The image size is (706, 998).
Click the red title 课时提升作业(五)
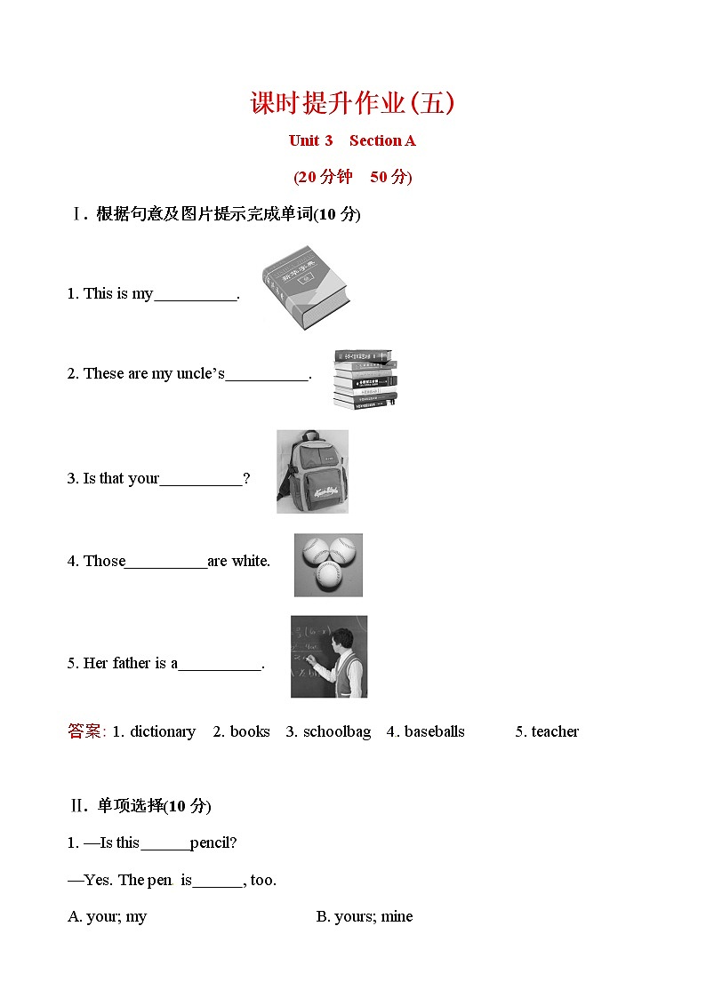(x=353, y=103)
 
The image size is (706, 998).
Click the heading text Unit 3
(x=310, y=140)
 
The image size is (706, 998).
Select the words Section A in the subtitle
(x=382, y=140)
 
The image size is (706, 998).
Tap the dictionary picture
(x=305, y=287)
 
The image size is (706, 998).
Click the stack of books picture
(x=365, y=379)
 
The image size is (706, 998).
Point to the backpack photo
(x=312, y=471)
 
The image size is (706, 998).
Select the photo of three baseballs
(x=328, y=564)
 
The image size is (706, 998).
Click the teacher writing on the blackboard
(x=329, y=656)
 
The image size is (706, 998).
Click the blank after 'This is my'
(x=196, y=294)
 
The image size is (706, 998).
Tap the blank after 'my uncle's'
(x=267, y=374)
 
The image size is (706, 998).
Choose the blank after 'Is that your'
(x=201, y=479)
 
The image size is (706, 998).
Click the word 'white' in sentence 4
(x=250, y=561)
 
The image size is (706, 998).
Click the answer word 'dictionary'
(x=163, y=731)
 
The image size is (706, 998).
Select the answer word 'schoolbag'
(x=337, y=731)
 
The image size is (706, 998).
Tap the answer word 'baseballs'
(x=434, y=731)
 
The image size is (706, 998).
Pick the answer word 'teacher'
(x=555, y=731)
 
